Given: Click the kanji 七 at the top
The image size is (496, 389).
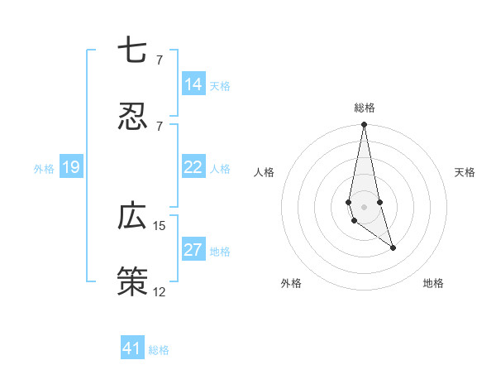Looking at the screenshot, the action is pyautogui.click(x=132, y=51).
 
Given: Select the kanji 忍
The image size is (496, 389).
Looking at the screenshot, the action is pyautogui.click(x=132, y=117).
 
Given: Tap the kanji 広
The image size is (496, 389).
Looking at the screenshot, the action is pyautogui.click(x=132, y=217).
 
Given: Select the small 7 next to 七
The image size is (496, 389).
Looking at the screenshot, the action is pyautogui.click(x=160, y=60).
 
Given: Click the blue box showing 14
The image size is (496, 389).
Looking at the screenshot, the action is pyautogui.click(x=193, y=84).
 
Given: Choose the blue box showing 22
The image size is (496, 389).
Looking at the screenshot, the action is pyautogui.click(x=193, y=167).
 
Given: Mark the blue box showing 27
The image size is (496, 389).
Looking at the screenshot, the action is pyautogui.click(x=193, y=250).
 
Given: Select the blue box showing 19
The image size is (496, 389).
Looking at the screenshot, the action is pyautogui.click(x=71, y=167).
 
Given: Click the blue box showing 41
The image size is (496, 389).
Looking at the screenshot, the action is pyautogui.click(x=132, y=348).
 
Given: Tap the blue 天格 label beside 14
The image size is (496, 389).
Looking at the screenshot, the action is pyautogui.click(x=220, y=86).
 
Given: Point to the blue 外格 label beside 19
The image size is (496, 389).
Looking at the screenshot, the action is pyautogui.click(x=44, y=169).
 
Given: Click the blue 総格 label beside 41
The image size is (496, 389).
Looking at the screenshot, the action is pyautogui.click(x=159, y=350).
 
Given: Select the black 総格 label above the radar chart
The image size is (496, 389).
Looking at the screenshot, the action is pyautogui.click(x=365, y=108).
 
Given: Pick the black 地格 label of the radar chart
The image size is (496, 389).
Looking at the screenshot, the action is pyautogui.click(x=433, y=283).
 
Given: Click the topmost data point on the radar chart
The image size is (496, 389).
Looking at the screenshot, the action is pyautogui.click(x=364, y=125).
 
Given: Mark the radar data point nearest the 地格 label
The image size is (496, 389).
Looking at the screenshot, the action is pyautogui.click(x=393, y=247).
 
